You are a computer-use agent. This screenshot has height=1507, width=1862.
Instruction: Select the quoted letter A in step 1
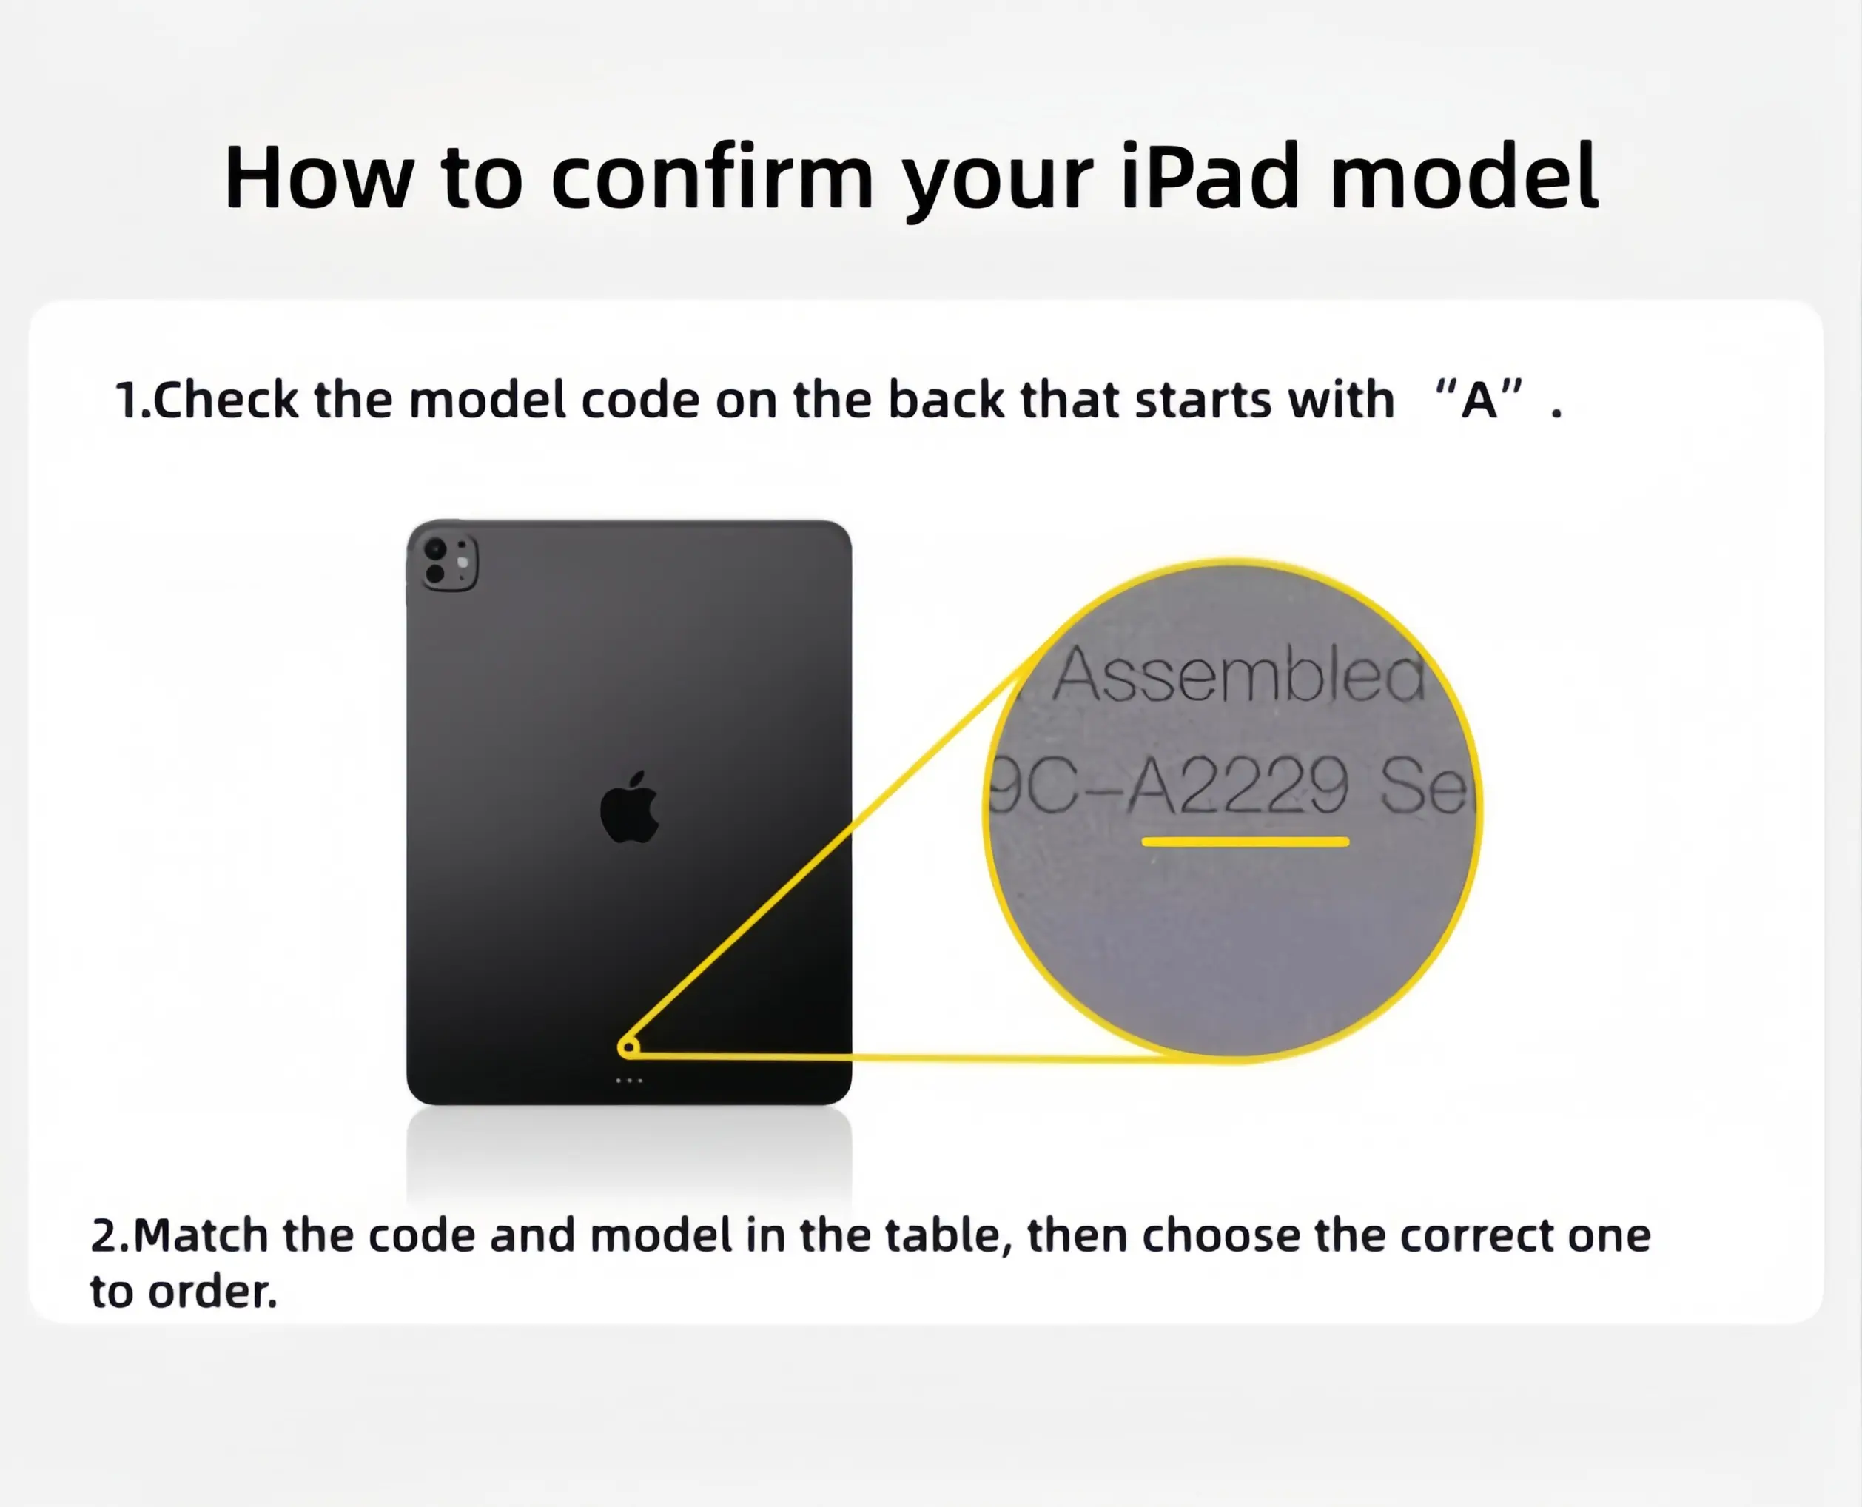pyautogui.click(x=1479, y=400)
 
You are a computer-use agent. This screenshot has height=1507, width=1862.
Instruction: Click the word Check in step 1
pyautogui.click(x=225, y=400)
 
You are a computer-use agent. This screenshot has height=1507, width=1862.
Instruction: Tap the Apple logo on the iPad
pyautogui.click(x=631, y=807)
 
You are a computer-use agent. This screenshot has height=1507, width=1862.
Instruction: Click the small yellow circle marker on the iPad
pyautogui.click(x=628, y=1049)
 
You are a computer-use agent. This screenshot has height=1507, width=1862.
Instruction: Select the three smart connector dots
pyautogui.click(x=629, y=1081)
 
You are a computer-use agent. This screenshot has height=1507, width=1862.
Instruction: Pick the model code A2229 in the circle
pyautogui.click(x=1238, y=785)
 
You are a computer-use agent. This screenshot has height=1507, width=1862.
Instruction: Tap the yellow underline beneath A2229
pyautogui.click(x=1245, y=841)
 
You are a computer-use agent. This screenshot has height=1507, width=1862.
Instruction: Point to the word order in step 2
pyautogui.click(x=212, y=1292)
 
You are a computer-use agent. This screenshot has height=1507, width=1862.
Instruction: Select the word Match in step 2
pyautogui.click(x=201, y=1235)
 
